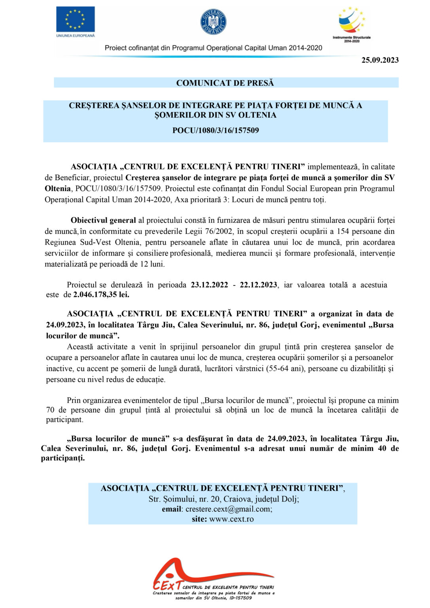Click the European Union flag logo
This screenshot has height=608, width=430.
(x=75, y=19)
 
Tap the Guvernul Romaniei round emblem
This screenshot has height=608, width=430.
(x=213, y=22)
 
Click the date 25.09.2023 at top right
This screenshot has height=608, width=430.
(x=380, y=60)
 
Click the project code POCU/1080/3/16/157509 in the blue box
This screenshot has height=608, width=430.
(x=216, y=131)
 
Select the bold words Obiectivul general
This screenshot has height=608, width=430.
(x=103, y=220)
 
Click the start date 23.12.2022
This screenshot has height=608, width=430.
(x=209, y=285)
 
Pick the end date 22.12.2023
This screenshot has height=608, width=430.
(x=258, y=285)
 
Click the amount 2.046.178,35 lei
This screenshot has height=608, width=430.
(x=101, y=294)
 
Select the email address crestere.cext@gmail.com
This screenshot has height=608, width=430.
(x=229, y=509)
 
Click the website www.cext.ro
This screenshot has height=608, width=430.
(x=231, y=519)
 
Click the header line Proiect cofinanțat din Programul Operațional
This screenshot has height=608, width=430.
(x=213, y=48)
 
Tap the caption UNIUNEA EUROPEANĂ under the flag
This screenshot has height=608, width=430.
(x=75, y=36)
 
